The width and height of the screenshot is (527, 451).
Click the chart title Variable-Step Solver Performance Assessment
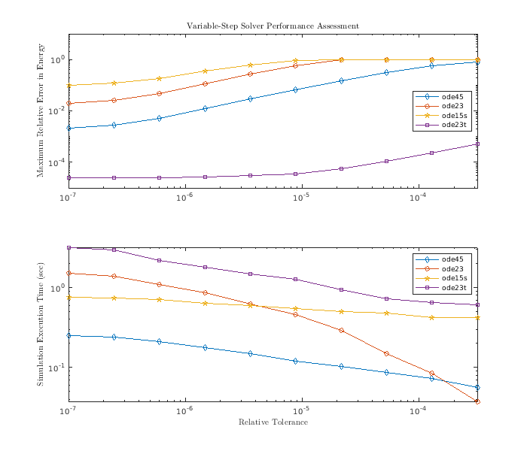tap(273, 26)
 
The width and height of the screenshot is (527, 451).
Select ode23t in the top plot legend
tap(452, 126)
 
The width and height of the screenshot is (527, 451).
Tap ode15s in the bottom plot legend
tap(452, 278)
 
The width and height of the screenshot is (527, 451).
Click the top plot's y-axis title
tap(41, 111)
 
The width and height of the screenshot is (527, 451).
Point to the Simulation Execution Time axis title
tap(41, 325)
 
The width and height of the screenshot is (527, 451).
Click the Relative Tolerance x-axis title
tap(273, 422)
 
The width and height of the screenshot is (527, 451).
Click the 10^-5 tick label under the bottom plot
tap(301, 410)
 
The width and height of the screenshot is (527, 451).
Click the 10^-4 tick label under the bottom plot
tap(418, 410)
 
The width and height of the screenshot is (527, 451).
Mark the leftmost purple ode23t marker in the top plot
tap(69, 178)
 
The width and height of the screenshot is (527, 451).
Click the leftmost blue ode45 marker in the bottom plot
tap(69, 335)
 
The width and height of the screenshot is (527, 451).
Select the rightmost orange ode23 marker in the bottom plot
tap(477, 401)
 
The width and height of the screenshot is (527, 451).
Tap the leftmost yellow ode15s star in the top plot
tap(69, 86)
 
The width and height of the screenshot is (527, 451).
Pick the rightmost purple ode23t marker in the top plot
tap(477, 144)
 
